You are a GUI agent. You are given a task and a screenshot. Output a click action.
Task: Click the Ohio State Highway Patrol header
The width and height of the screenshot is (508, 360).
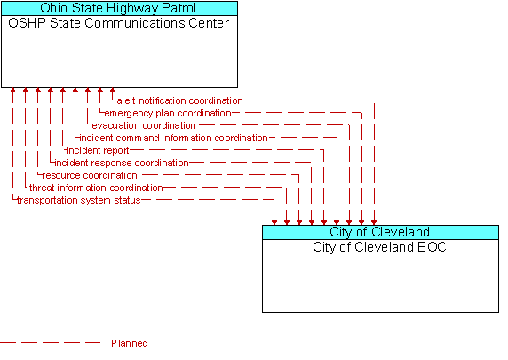(119, 8)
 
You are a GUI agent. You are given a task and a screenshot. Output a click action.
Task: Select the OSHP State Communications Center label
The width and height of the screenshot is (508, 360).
(119, 23)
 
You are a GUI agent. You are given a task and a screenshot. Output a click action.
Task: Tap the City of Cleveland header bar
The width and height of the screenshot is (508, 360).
(380, 232)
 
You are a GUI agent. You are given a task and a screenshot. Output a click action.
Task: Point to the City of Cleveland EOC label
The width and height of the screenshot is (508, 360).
(379, 247)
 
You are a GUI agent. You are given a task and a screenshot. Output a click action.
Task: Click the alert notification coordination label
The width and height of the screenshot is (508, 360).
(179, 100)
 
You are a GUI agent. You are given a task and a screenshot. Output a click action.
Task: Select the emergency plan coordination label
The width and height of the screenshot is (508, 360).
(168, 113)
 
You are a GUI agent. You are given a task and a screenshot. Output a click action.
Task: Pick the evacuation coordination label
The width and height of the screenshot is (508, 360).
(144, 125)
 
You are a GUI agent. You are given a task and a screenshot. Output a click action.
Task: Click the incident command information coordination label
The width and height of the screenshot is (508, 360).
(174, 138)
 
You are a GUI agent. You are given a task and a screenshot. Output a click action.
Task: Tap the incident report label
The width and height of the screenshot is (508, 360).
(99, 150)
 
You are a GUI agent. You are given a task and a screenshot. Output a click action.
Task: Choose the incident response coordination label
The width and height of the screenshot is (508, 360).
(122, 163)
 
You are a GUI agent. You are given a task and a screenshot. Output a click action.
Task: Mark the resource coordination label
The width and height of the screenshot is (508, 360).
(90, 175)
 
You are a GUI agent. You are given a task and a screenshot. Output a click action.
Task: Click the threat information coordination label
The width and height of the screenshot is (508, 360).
(96, 188)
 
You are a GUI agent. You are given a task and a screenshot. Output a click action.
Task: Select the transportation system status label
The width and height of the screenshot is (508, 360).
(79, 200)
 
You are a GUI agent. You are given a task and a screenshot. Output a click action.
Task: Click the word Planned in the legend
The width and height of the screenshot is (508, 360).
(130, 343)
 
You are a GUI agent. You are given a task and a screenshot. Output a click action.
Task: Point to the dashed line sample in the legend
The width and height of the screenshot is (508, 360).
(51, 342)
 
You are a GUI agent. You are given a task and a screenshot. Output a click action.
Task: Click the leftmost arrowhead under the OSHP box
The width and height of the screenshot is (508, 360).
(12, 90)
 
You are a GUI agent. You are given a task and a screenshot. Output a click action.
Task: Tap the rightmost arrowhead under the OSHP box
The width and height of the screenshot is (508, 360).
(112, 90)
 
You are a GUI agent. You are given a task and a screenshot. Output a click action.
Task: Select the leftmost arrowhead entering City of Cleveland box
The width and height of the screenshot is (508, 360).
(274, 222)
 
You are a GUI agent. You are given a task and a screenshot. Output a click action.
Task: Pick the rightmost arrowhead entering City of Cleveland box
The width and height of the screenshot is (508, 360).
(374, 222)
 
